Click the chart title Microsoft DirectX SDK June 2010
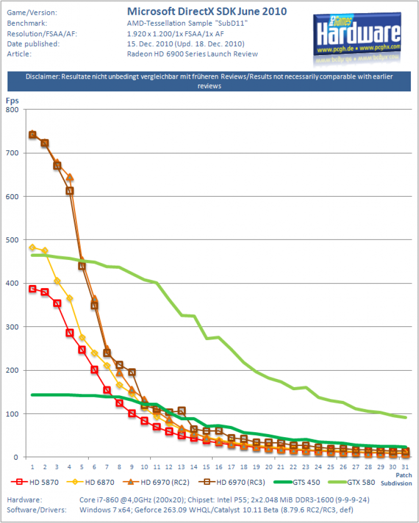(207, 11)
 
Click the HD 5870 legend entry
(35, 482)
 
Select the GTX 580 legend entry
(351, 482)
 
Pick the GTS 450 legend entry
(297, 482)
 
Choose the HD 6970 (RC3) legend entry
(232, 482)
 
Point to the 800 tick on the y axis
(12, 110)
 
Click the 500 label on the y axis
(12, 240)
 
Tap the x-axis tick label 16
(218, 467)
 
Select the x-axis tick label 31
(405, 467)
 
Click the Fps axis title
(12, 101)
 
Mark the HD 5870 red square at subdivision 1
(32, 289)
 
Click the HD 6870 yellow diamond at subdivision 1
(32, 248)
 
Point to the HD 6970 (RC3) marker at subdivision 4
(70, 191)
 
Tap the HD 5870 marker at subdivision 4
(70, 333)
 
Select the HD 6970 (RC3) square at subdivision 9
(132, 372)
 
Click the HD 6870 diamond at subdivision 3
(57, 281)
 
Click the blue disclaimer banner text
(209, 81)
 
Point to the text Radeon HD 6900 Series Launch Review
(192, 54)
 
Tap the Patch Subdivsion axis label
(397, 479)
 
